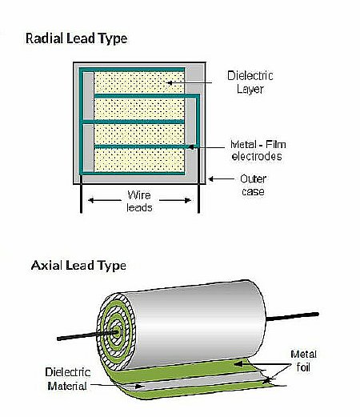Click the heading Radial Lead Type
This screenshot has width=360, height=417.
pos(76,38)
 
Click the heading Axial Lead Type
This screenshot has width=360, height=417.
pos(78,266)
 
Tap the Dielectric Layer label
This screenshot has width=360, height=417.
pos(250,82)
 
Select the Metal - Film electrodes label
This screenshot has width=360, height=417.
pos(258,150)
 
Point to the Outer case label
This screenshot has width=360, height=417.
pos(253,185)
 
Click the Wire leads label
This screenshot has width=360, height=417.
pos(139,201)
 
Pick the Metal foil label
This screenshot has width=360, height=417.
pos(303,361)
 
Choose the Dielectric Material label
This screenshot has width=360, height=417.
pos(67,379)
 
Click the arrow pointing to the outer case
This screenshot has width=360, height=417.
pos(221,178)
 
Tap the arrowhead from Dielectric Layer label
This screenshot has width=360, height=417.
pos(169,82)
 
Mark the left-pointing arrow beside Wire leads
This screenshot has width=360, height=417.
pos(104,200)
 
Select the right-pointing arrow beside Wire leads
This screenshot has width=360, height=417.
pos(175,200)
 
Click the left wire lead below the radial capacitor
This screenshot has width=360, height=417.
pos(81,194)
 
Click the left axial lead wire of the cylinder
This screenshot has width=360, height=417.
pos(87,335)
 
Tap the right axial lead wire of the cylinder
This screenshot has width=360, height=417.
pos(293,316)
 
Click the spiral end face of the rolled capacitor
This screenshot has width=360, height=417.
pos(116,331)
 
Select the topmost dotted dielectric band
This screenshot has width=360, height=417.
pos(139,82)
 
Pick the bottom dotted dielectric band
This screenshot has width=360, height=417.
pos(139,160)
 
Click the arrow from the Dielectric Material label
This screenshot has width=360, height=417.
pos(118,386)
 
